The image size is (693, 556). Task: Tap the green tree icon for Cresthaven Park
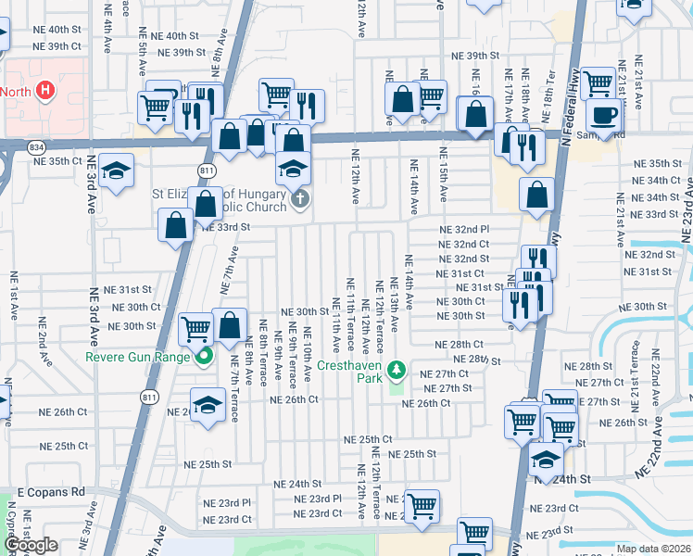397,371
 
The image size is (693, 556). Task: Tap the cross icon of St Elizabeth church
299,198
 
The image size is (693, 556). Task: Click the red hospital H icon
44,90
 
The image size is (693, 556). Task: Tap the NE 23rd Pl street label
319,499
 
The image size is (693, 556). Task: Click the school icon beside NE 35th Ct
117,172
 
